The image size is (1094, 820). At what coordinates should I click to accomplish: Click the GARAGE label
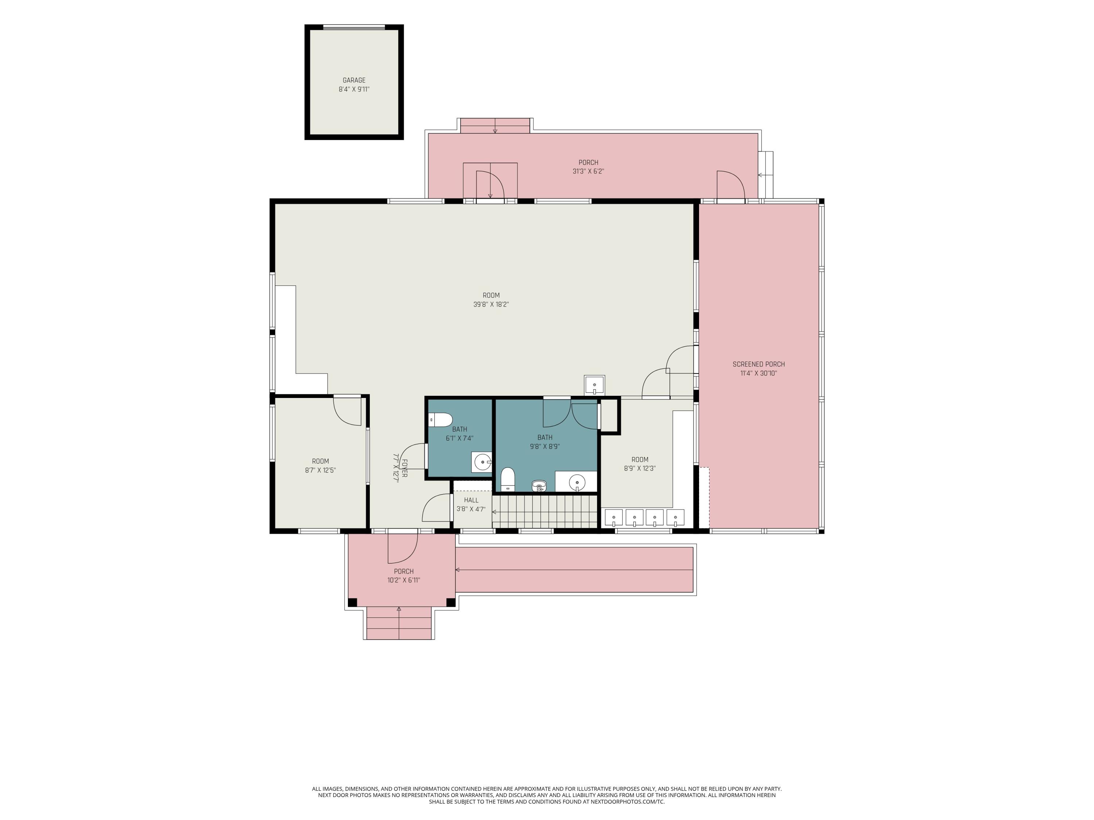click(x=354, y=80)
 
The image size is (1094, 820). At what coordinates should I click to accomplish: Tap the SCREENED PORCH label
click(x=759, y=364)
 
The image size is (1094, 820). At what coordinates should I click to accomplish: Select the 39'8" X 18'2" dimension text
click(x=491, y=304)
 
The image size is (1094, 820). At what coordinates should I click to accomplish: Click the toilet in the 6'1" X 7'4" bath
click(x=441, y=420)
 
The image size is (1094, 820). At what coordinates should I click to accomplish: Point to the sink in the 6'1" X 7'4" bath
click(x=482, y=462)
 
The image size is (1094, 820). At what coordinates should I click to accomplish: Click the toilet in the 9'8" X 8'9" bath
click(x=508, y=480)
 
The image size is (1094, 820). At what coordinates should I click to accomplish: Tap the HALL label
click(x=471, y=500)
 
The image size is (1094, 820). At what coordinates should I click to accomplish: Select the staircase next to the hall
click(x=545, y=512)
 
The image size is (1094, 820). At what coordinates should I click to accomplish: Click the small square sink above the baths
click(x=594, y=385)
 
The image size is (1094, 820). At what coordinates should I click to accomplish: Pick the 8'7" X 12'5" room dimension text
click(x=321, y=470)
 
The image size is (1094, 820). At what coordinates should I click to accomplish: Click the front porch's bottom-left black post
click(x=353, y=602)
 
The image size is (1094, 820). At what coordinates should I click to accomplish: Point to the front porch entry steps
click(x=399, y=623)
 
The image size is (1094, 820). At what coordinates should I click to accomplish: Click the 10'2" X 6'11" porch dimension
click(x=404, y=580)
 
